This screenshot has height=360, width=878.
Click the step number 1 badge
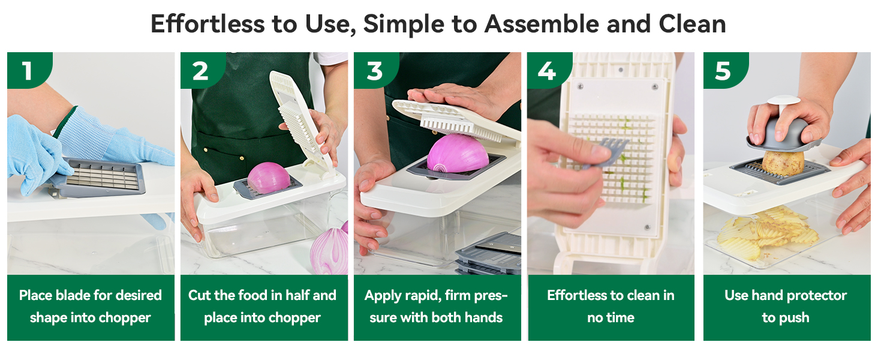coord(27,71)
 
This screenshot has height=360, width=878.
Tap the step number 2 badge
coord(200,71)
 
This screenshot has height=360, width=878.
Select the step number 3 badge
coord(374,71)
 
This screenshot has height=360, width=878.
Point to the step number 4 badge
coord(546,71)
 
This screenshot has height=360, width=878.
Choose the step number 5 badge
coord(723,71)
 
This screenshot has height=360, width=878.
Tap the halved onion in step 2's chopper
coord(268,178)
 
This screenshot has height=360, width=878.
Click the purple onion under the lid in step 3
coord(457,154)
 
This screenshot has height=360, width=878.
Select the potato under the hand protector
coord(783,163)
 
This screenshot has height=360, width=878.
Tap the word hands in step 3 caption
coord(483,317)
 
